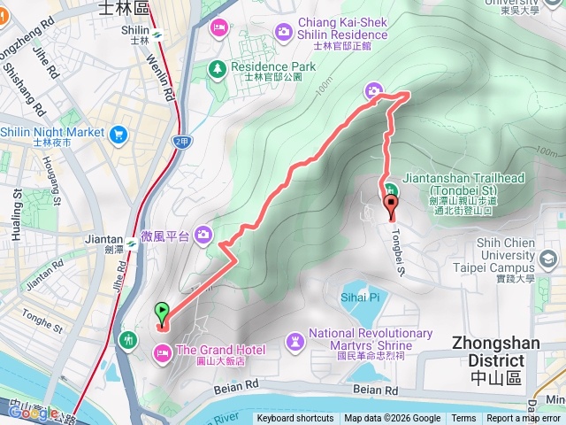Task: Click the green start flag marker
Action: point(162,312)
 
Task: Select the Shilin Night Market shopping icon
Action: point(119,133)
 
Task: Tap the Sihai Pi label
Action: point(358,297)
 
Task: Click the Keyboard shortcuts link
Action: point(295,419)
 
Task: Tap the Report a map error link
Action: point(524,419)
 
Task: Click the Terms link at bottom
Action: point(463,419)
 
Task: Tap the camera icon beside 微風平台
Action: point(204,234)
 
